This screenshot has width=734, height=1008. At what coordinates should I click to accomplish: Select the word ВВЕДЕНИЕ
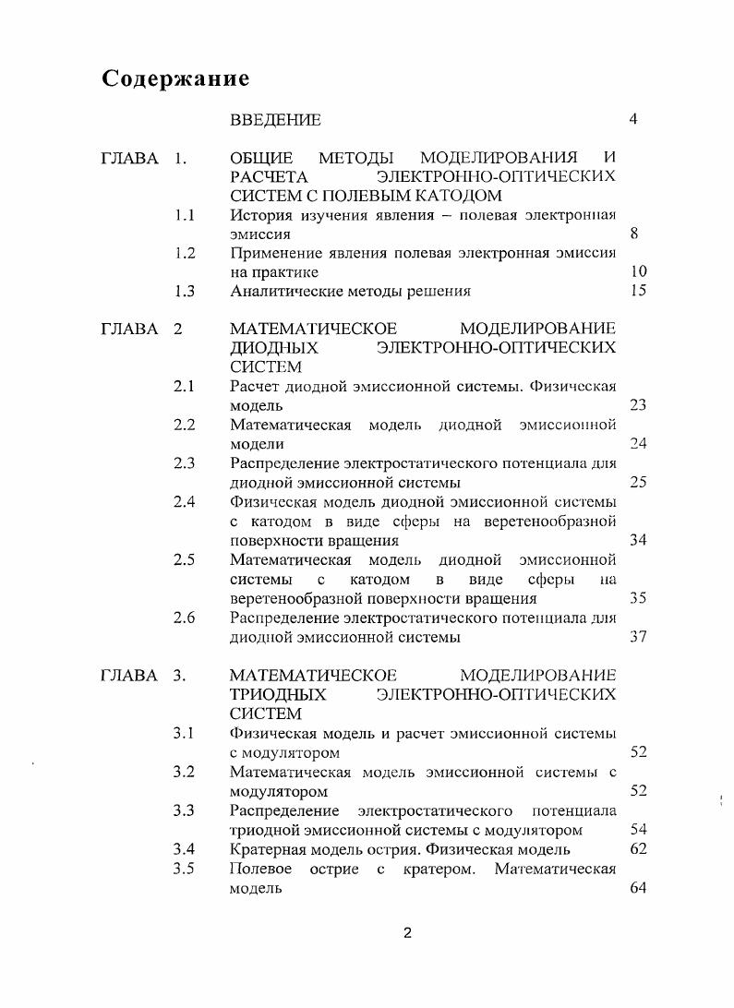pyautogui.click(x=275, y=120)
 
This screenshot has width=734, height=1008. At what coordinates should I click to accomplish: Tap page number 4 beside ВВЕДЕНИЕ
pyautogui.click(x=632, y=119)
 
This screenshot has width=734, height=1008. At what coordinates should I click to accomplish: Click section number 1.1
pyautogui.click(x=184, y=215)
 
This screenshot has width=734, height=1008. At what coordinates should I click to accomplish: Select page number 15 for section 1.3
pyautogui.click(x=638, y=292)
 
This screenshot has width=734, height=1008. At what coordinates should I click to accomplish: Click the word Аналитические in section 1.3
pyautogui.click(x=282, y=292)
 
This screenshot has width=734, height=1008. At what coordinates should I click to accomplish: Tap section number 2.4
pyautogui.click(x=184, y=502)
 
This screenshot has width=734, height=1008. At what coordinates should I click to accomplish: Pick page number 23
pyautogui.click(x=638, y=405)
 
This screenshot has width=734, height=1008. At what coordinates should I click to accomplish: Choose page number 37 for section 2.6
pyautogui.click(x=638, y=637)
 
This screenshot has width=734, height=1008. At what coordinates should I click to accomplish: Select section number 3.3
pyautogui.click(x=184, y=810)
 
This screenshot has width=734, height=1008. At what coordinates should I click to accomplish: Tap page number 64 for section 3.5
pyautogui.click(x=638, y=888)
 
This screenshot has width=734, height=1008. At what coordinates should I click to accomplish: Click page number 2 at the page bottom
pyautogui.click(x=407, y=932)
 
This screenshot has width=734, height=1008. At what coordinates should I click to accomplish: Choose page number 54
pyautogui.click(x=638, y=830)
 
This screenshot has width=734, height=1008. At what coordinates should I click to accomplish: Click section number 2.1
pyautogui.click(x=184, y=386)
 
